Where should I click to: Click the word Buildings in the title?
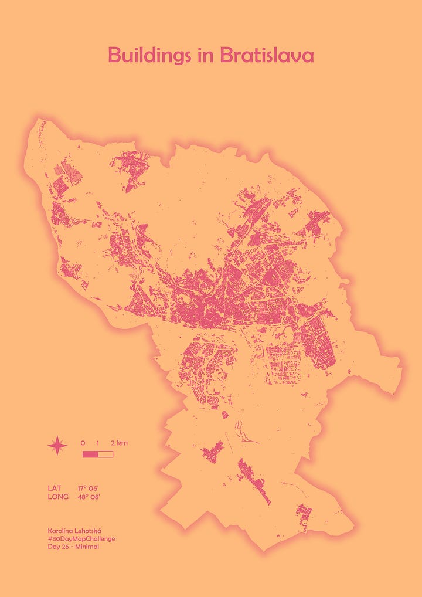[149, 56]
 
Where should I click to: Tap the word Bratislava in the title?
[267, 56]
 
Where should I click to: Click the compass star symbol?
[57, 447]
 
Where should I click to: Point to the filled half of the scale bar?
[90, 454]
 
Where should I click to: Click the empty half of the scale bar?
[105, 454]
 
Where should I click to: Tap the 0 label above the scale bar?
[83, 442]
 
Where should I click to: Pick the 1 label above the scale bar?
[98, 442]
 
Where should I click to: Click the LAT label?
[55, 488]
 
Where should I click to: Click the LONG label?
[58, 497]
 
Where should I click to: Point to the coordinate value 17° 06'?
[91, 488]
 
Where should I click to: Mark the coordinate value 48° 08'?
[91, 497]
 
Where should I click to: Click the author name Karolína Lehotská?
[74, 530]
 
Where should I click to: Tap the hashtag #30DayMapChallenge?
[81, 538]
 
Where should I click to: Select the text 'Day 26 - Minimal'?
[73, 547]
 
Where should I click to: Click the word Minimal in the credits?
[87, 547]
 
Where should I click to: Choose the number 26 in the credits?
[64, 547]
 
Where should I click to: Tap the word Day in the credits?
[53, 547]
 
